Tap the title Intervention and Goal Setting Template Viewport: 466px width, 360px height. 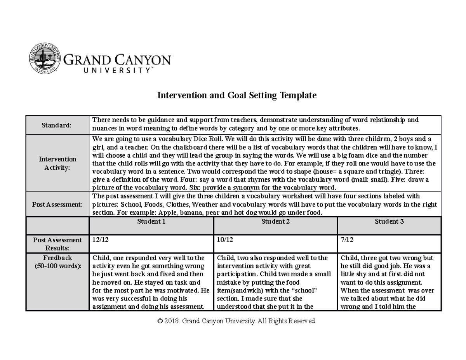[236, 96]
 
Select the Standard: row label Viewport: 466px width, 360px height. [57, 125]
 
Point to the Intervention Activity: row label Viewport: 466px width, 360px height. [57, 163]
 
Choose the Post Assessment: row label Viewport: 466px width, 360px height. [57, 204]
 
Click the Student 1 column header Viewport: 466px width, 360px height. [151, 222]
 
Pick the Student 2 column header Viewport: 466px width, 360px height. [275, 222]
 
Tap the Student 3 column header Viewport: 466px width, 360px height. [389, 222]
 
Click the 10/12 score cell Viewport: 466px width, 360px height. [225, 240]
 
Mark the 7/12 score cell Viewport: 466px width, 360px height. [347, 240]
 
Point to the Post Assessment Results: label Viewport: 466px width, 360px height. [57, 244]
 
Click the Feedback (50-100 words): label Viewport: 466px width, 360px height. [57, 262]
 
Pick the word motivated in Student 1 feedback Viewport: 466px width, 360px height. [184, 290]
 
